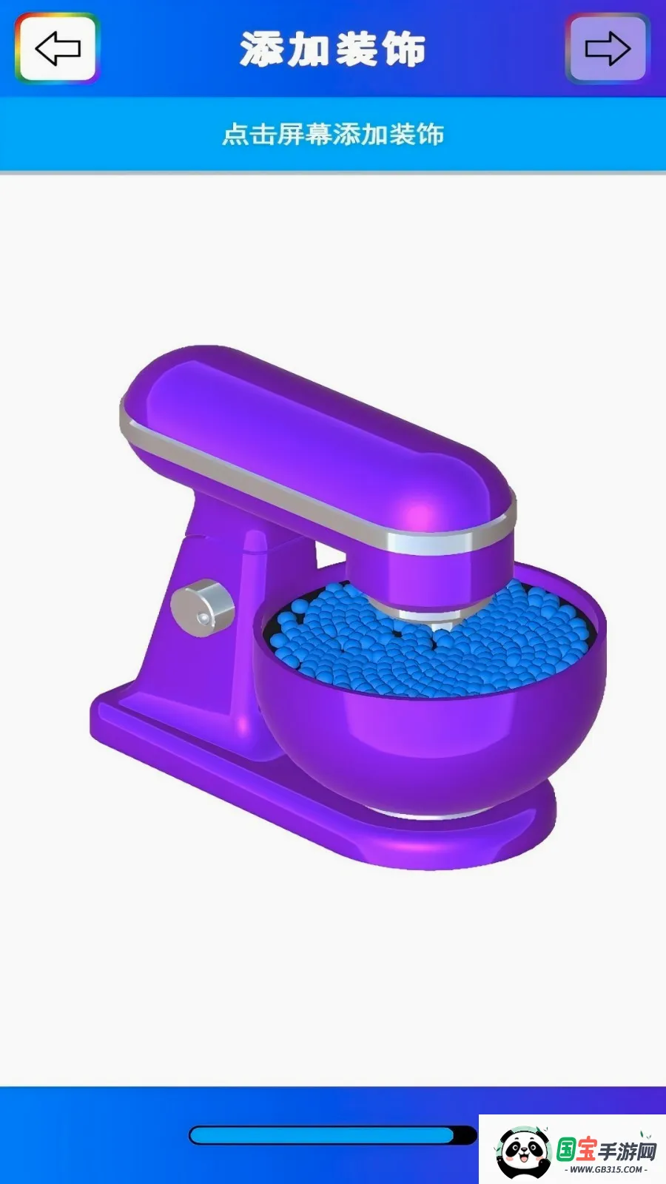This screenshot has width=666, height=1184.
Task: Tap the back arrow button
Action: coord(57,48)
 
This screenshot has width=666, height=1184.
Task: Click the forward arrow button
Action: coord(608,48)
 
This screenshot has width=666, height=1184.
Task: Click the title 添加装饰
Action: coord(332,49)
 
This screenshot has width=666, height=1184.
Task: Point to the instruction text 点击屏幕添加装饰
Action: coord(333,134)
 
